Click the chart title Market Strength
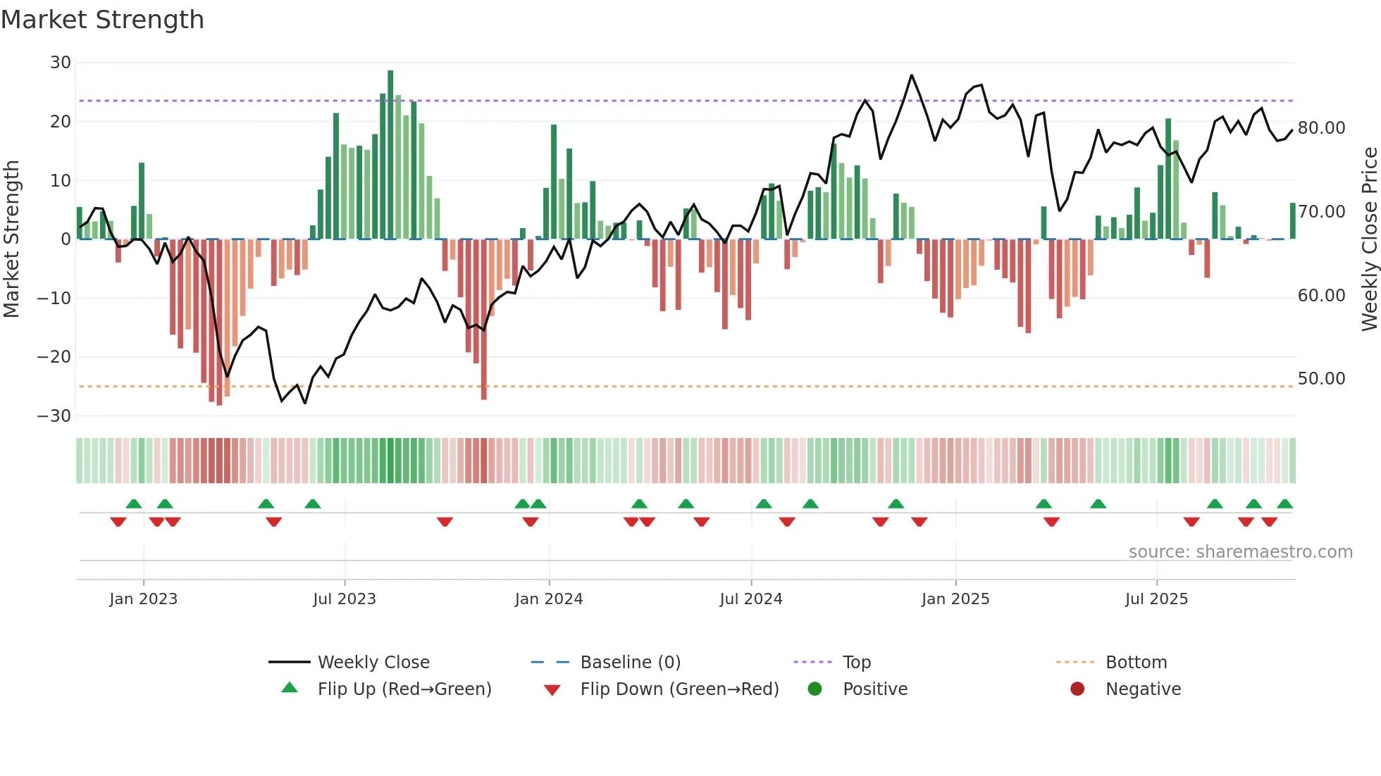[x=102, y=20]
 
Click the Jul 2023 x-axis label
[x=345, y=599]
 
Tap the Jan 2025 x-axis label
[x=955, y=599]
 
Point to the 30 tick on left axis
[x=61, y=63]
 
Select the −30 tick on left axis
[x=55, y=416]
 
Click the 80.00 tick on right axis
[x=1321, y=128]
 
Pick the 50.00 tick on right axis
[x=1321, y=379]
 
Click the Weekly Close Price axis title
[x=1369, y=239]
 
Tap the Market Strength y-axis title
[x=12, y=239]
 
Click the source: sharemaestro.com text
[x=1240, y=552]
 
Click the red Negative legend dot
[x=1077, y=689]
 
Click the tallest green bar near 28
[x=390, y=155]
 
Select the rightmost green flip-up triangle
[x=1284, y=504]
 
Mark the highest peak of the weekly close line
[x=911, y=75]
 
